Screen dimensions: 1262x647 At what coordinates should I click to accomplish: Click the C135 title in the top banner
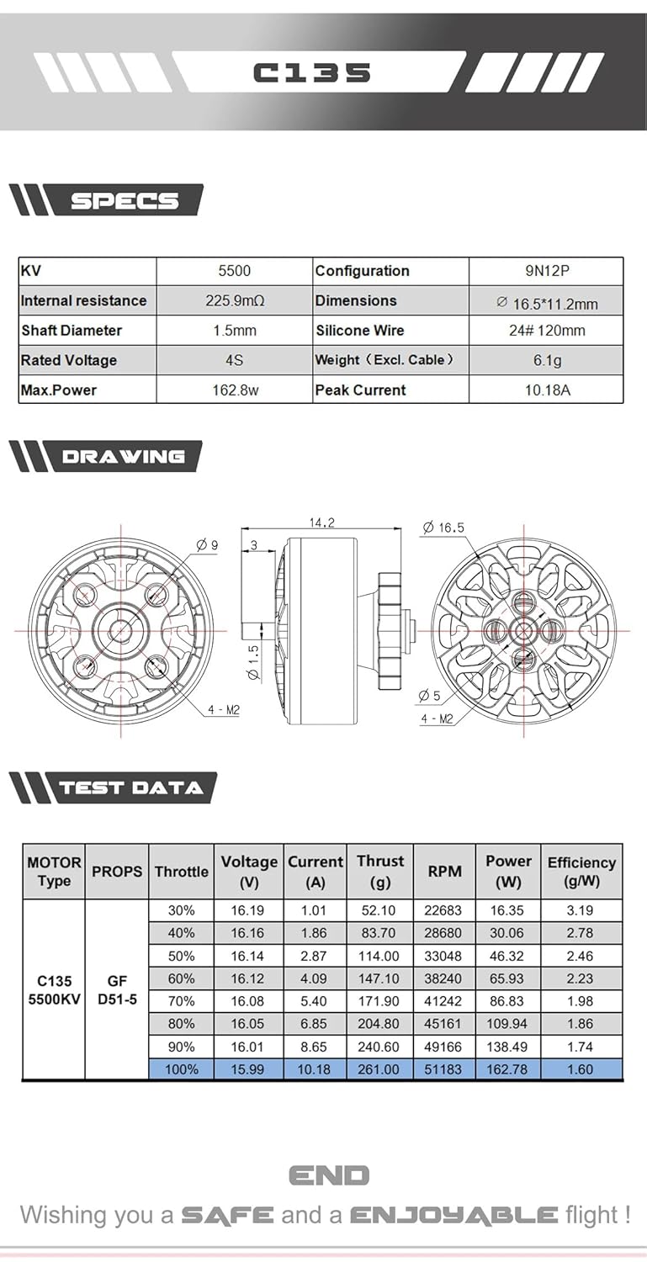click(x=311, y=72)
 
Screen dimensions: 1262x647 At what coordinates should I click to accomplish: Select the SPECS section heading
click(x=124, y=201)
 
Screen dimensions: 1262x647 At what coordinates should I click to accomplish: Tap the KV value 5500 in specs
click(x=234, y=271)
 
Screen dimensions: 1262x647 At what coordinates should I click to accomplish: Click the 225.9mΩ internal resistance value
click(x=235, y=300)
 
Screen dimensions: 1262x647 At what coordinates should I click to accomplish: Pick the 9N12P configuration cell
click(x=546, y=271)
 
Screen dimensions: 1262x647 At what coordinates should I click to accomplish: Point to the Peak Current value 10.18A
click(x=546, y=390)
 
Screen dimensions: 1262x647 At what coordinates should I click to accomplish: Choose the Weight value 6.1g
click(x=546, y=360)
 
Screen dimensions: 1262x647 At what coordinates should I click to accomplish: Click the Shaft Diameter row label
click(x=72, y=331)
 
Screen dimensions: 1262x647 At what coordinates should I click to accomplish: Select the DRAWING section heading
click(x=123, y=457)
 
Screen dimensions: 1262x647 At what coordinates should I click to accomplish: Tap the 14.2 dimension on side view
click(x=321, y=522)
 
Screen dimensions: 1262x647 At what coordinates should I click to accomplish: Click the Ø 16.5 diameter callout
click(x=443, y=528)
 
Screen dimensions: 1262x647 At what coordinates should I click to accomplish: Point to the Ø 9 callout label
click(x=207, y=545)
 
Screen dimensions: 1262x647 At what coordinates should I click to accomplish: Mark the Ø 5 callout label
click(x=430, y=696)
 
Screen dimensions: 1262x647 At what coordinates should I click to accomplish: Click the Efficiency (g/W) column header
click(x=581, y=872)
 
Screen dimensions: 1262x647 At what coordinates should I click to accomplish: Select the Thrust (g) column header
click(x=379, y=872)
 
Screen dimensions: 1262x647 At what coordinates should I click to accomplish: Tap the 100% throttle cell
click(x=181, y=1069)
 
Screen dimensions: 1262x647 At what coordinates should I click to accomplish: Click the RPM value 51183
click(x=444, y=1069)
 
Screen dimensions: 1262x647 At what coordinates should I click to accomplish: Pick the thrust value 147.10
click(x=379, y=978)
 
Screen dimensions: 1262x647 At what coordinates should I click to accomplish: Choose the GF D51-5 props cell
click(x=116, y=990)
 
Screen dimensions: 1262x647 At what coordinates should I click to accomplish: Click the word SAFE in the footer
click(x=227, y=1215)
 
